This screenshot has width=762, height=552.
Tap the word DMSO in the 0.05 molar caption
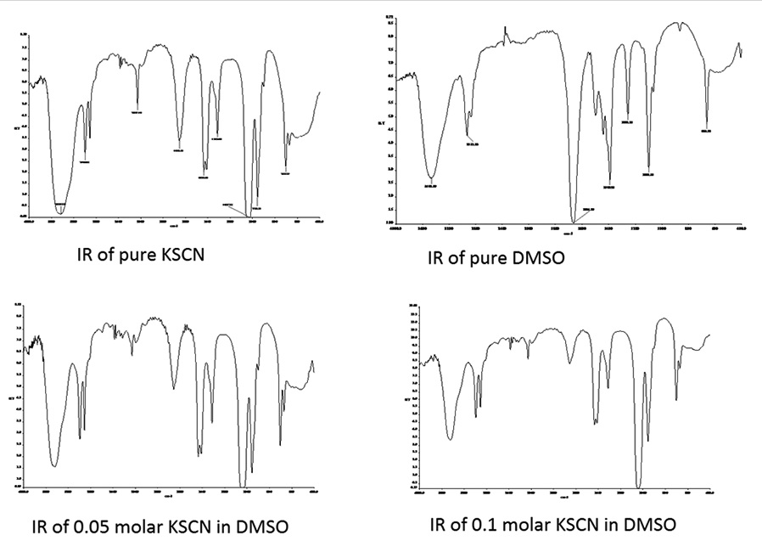[263, 526]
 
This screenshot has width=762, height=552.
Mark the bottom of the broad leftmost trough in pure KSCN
[60, 208]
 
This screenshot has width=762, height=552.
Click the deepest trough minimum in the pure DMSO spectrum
[574, 222]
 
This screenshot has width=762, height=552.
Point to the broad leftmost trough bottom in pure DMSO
[432, 177]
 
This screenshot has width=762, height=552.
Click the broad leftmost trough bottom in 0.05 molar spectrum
[55, 465]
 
